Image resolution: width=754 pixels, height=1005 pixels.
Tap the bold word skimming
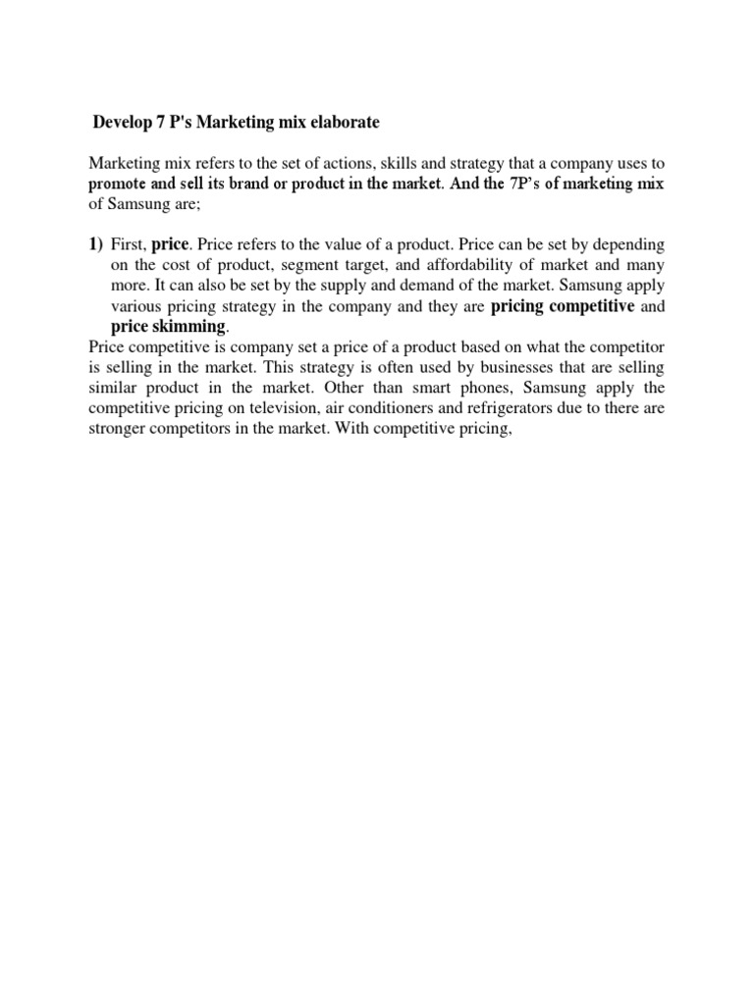pyautogui.click(x=193, y=326)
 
